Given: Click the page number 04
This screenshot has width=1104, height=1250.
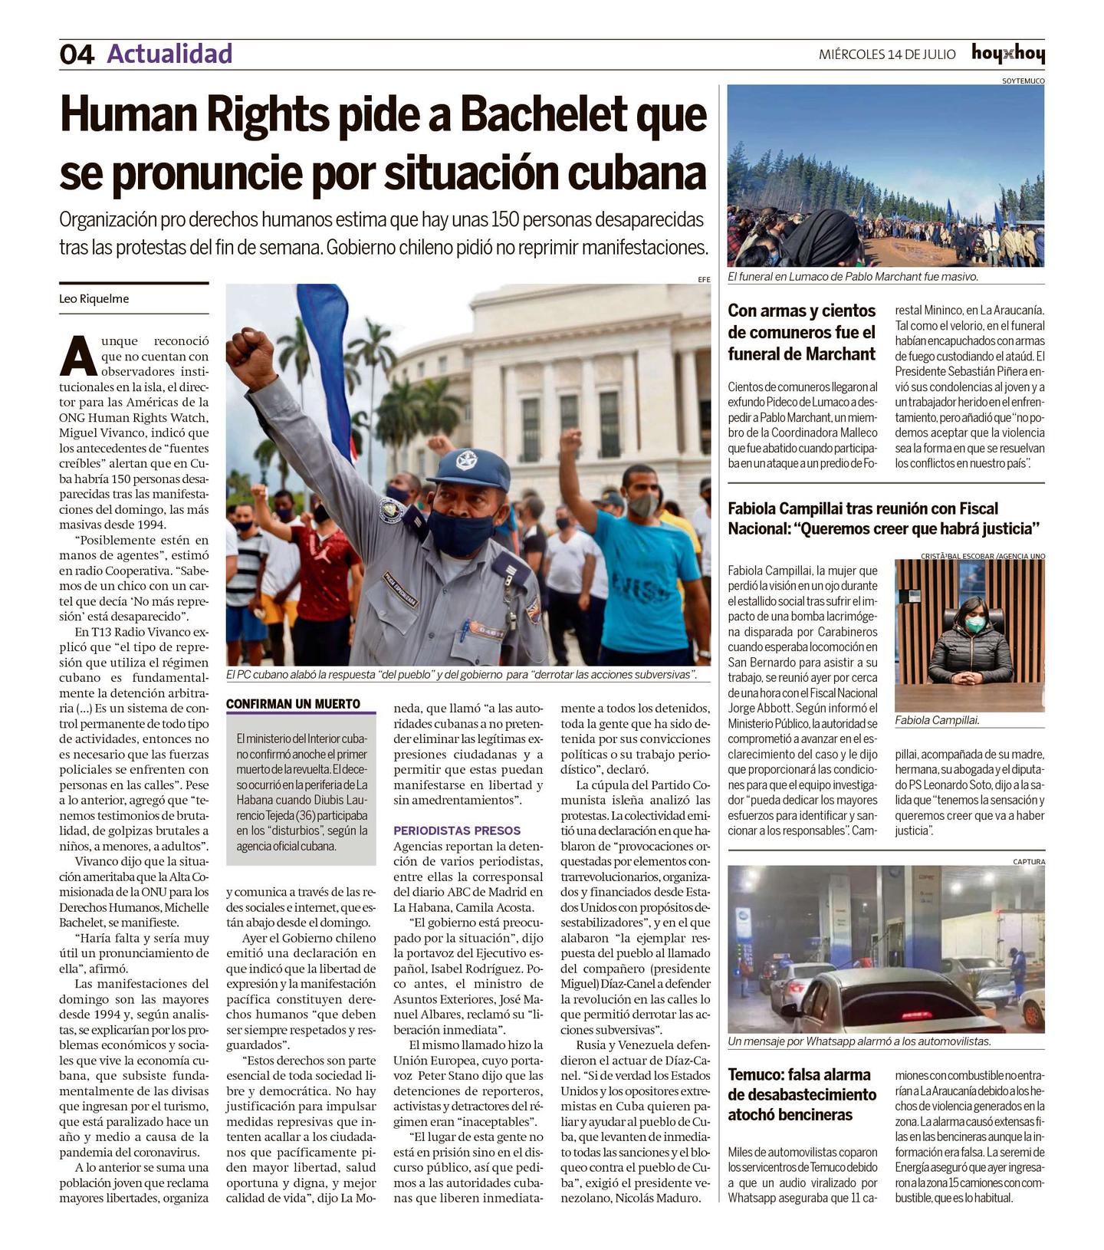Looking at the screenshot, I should point(77,54).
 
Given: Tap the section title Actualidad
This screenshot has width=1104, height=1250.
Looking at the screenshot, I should point(169,54).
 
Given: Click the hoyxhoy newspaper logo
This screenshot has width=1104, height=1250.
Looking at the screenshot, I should point(1007,54).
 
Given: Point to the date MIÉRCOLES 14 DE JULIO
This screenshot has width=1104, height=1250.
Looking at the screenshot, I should point(887,54).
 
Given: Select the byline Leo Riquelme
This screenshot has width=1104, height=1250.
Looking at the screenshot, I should point(94,299).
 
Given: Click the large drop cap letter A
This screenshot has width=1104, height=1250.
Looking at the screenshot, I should point(77,356).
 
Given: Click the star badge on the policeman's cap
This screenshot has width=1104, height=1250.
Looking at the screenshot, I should point(466,461).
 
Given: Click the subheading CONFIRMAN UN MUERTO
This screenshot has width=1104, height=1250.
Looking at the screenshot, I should point(293,704).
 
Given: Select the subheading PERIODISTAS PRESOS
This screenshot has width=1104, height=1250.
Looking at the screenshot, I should point(457,831).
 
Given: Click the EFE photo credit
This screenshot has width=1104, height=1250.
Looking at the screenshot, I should point(704,280).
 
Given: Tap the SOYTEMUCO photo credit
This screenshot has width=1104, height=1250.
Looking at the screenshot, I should point(1023,81).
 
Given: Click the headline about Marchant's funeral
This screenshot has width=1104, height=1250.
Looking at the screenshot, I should point(801,332).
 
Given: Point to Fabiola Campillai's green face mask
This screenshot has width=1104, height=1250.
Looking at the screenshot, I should point(974,624).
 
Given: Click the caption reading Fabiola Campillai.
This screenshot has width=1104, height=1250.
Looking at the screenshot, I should point(937,720).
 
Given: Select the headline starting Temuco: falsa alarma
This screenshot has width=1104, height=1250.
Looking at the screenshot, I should point(801,1094).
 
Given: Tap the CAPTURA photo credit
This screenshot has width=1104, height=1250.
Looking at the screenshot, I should point(1028,861).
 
